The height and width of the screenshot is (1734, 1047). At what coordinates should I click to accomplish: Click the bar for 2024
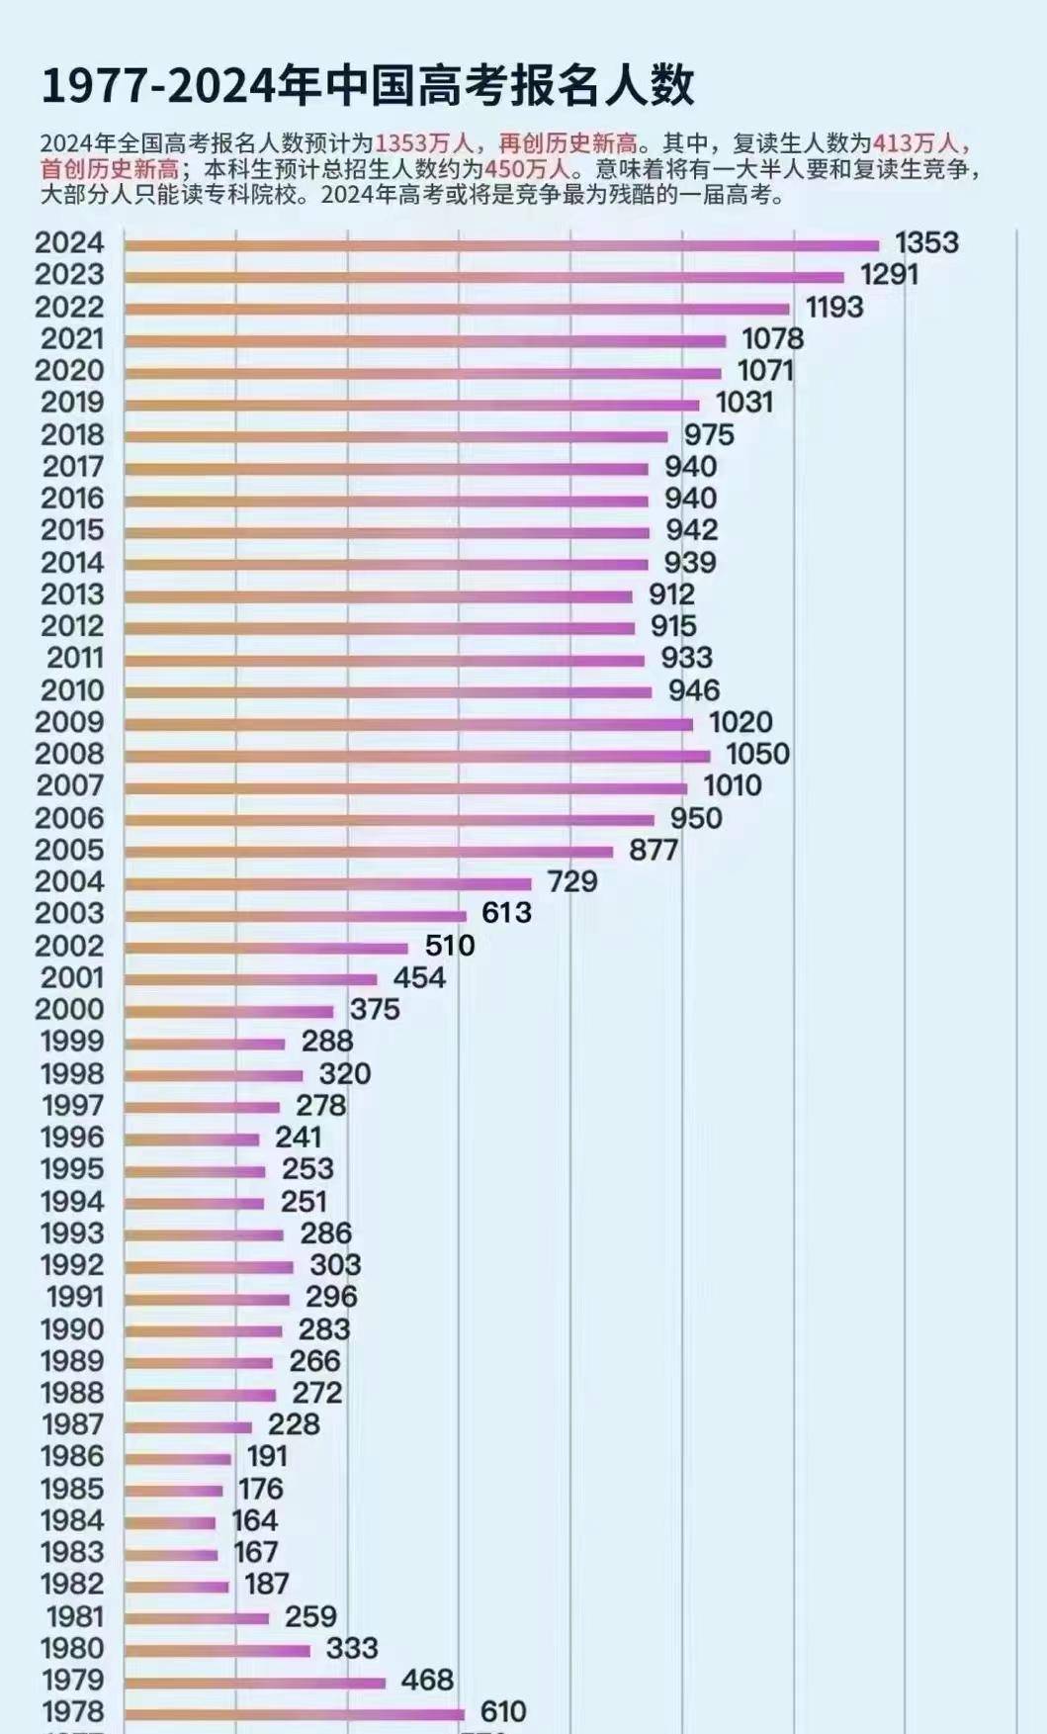pos(501,245)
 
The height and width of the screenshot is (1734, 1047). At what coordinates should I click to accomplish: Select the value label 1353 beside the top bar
pos(926,242)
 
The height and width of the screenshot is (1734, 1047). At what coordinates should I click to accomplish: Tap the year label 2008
pos(69,754)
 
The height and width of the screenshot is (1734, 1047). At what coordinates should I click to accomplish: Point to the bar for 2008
pos(417,757)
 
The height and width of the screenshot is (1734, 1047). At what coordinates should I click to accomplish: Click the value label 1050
pos(757,754)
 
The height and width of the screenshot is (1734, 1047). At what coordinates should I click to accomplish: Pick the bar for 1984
pos(170,1523)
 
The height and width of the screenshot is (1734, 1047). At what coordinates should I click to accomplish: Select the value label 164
pos(254,1520)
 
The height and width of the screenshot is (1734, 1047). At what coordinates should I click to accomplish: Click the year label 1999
pos(71,1041)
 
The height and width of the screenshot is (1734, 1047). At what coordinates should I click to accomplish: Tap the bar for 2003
pos(296,916)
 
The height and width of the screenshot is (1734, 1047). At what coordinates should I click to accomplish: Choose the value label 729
pos(572,881)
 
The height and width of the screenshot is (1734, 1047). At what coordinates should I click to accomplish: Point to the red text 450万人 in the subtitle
pos(527,169)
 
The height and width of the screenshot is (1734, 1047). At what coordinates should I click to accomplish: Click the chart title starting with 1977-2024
pos(367,86)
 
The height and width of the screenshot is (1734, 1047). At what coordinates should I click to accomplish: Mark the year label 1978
pos(71,1711)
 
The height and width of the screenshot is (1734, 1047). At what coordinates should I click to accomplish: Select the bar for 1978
pos(295,1714)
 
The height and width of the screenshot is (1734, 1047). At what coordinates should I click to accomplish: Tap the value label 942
pos(691,530)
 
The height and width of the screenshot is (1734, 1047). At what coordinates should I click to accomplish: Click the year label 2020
pos(69,370)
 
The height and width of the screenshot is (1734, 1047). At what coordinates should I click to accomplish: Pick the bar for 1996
pos(192,1140)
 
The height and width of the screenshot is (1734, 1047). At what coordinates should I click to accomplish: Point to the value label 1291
pos(889,274)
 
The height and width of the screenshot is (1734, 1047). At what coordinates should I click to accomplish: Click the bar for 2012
pos(380,628)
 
